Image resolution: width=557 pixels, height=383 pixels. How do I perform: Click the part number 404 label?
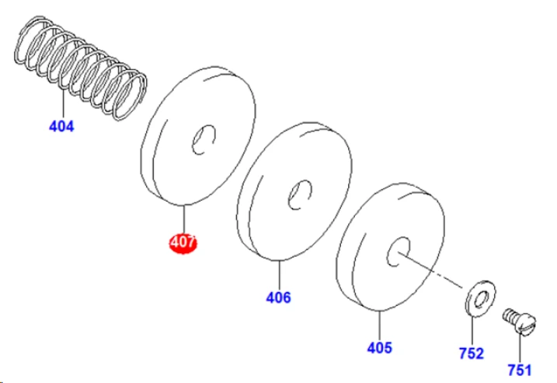(x=62, y=126)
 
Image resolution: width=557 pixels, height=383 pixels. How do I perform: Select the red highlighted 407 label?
(x=183, y=243)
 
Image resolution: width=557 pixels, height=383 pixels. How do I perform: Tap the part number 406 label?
(x=278, y=297)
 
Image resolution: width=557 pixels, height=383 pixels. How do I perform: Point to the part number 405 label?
(x=380, y=348)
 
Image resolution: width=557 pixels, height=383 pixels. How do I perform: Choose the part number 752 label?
(x=472, y=353)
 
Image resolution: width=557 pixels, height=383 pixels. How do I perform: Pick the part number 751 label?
(x=520, y=370)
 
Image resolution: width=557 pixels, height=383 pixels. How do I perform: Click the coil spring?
(x=81, y=68)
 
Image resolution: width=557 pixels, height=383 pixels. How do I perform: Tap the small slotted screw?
(x=520, y=321)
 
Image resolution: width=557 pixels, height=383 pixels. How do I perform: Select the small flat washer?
(x=481, y=299)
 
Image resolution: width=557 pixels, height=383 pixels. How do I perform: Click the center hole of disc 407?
(x=204, y=139)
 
